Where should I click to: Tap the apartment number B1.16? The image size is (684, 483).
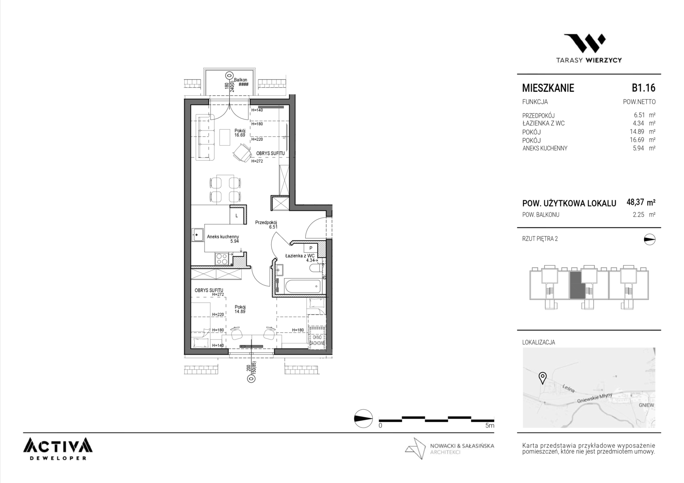coord(643,88)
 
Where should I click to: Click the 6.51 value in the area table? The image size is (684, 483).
coord(639,115)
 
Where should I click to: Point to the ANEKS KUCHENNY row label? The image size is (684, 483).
coord(545,148)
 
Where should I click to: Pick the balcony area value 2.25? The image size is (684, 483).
coord(638,215)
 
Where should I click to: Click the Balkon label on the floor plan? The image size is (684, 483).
coord(241,80)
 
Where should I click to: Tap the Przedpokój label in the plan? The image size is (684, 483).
coord(266,222)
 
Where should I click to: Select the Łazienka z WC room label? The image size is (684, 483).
coord(300,256)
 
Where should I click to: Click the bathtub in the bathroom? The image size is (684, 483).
coord(303,286)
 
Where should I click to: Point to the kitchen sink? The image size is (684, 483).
coord(198,235)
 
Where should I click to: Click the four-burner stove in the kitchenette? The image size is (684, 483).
coord(222,259)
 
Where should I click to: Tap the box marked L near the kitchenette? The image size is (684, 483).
coord(237,216)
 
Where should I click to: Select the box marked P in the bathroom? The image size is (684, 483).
coord(311,248)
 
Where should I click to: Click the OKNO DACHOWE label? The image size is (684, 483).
coord(317,340)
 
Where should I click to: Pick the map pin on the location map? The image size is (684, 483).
coord(542,378)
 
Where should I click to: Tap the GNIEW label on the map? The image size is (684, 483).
coord(646,405)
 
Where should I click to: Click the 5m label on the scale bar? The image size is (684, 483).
coord(489,425)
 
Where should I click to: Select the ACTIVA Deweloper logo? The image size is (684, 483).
coord(58,449)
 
